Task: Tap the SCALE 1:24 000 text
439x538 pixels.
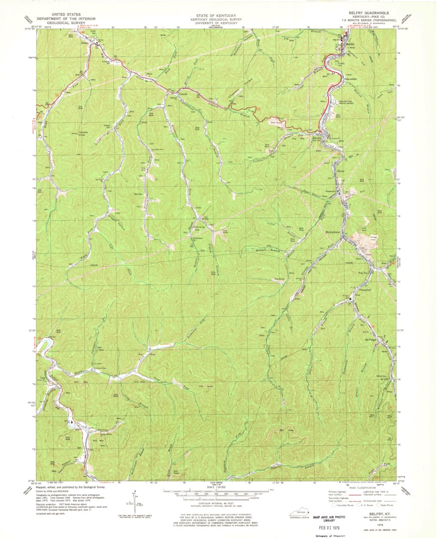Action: pos(218,486)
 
